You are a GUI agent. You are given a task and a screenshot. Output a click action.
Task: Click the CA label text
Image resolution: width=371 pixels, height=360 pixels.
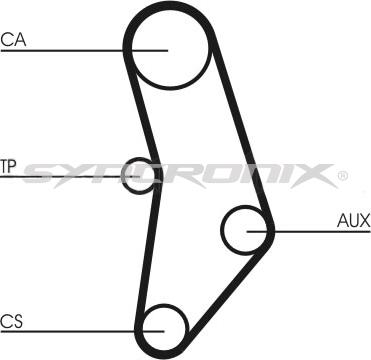(13, 41)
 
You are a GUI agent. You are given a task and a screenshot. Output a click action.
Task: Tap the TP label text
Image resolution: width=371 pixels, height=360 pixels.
(9, 166)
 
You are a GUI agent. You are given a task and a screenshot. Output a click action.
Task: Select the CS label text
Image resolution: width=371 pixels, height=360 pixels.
(12, 320)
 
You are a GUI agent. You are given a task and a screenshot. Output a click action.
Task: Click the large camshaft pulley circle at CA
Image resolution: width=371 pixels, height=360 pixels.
(167, 47)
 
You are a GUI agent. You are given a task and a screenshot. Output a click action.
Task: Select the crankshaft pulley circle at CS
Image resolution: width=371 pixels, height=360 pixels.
(164, 325)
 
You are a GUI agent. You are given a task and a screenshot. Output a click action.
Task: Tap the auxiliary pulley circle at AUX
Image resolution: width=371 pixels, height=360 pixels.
(245, 230)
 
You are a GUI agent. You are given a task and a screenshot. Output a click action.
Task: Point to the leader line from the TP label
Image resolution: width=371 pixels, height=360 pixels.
(60, 177)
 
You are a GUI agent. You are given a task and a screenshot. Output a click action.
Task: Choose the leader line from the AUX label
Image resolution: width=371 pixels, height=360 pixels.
(305, 232)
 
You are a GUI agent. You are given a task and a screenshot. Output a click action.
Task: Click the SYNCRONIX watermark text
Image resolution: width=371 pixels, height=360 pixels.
(180, 176)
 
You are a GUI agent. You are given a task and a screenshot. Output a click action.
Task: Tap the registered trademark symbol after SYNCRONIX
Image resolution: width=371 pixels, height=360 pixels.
(343, 176)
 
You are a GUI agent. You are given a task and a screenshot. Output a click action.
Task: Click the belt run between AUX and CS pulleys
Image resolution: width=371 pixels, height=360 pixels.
(225, 285)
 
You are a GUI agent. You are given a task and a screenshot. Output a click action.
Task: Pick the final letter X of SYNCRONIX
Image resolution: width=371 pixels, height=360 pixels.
(318, 176)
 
